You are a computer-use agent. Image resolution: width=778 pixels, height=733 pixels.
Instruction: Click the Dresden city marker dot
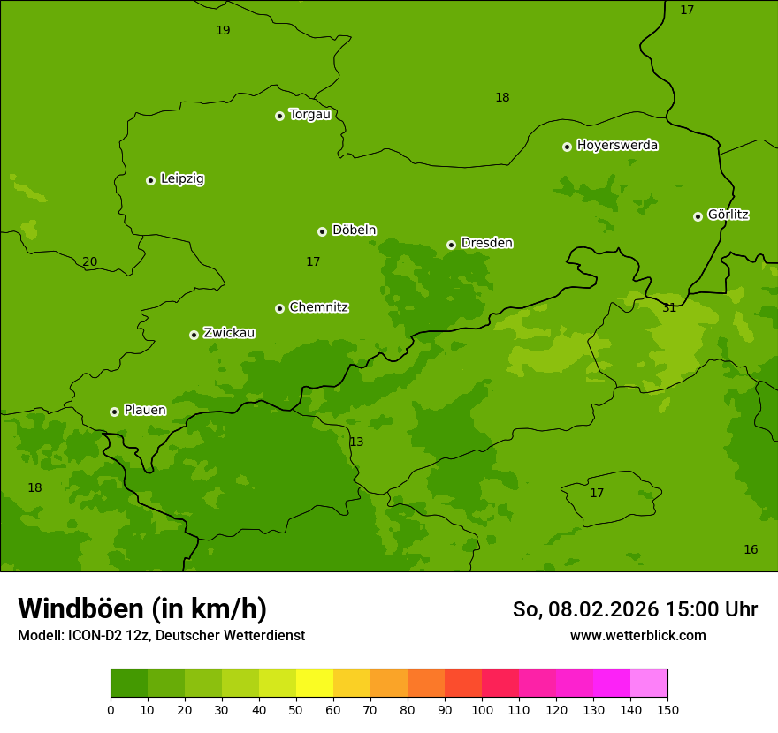pos(451,245)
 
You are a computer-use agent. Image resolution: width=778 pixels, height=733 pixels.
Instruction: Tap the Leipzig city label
pos(182,178)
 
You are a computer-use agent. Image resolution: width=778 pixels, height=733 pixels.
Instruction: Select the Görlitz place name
pos(728,214)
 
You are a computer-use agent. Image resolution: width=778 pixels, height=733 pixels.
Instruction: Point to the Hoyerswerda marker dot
pos(567,147)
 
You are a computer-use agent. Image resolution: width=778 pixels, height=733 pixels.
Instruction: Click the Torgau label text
pos(309,114)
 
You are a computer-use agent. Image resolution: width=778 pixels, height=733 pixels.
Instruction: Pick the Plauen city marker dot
pos(114,412)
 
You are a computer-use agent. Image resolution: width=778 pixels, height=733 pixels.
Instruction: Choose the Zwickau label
pos(229,333)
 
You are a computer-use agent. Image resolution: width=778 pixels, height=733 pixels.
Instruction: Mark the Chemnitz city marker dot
pos(279,308)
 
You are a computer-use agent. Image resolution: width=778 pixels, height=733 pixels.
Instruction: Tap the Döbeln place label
pos(354,230)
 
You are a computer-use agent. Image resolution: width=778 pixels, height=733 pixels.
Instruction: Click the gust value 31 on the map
pos(669,307)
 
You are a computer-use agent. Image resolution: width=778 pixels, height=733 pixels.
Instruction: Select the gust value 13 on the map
pos(356,442)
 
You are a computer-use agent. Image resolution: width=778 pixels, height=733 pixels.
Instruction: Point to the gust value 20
pos(89,261)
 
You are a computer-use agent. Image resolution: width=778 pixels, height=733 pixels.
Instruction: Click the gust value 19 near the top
pos(223,30)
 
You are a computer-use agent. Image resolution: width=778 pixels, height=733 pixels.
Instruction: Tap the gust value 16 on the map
pos(751,549)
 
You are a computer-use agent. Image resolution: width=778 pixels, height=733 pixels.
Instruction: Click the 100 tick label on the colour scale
pos(482,709)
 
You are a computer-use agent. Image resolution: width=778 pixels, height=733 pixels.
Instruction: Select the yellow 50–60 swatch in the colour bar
pos(315,684)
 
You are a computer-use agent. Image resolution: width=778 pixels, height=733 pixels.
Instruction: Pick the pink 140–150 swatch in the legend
pos(649,684)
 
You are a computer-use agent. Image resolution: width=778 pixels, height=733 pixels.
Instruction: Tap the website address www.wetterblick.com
pos(637,635)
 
